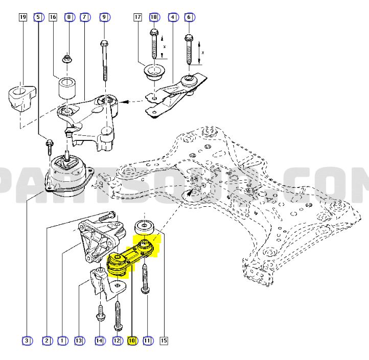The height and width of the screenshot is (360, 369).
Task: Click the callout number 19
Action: click(22, 17)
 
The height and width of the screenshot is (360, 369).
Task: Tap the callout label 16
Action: click(53, 17)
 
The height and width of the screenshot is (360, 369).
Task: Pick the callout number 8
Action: click(69, 17)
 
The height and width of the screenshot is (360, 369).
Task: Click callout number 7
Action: click(85, 17)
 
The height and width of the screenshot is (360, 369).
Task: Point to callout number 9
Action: click(104, 17)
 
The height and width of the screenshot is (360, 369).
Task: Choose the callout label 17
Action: click(137, 17)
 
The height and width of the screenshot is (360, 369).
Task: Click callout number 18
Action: click(153, 17)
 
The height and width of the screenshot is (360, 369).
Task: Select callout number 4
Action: click(173, 17)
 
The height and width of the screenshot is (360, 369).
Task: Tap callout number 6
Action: click(189, 17)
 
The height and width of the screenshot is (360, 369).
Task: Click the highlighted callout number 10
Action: click(132, 340)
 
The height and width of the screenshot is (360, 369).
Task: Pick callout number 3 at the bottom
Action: click(26, 340)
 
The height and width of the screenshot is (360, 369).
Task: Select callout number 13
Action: click(79, 340)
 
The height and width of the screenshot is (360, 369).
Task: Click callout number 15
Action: click(165, 340)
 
